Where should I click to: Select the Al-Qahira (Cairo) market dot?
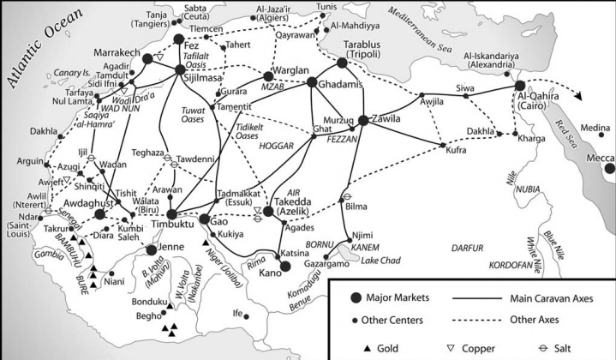click(519, 86)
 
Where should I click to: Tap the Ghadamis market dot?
click(313, 82)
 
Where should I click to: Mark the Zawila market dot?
click(363, 120)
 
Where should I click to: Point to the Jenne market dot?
click(151, 249)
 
